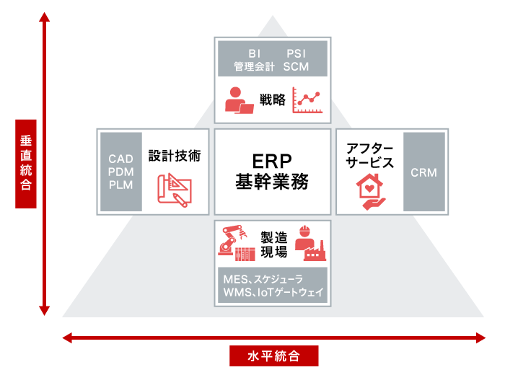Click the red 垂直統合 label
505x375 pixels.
[26, 163]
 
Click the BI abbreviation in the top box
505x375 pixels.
[254, 54]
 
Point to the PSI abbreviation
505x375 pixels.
[297, 54]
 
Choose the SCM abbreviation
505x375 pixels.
[297, 66]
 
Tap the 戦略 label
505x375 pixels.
[273, 100]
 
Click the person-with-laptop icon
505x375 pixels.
[239, 100]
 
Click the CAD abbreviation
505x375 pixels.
[121, 159]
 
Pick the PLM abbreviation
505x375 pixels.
[121, 184]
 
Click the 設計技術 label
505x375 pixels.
[175, 155]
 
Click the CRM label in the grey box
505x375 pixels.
[423, 172]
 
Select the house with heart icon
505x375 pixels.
[369, 193]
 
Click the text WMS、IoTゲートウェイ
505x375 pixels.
[273, 294]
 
